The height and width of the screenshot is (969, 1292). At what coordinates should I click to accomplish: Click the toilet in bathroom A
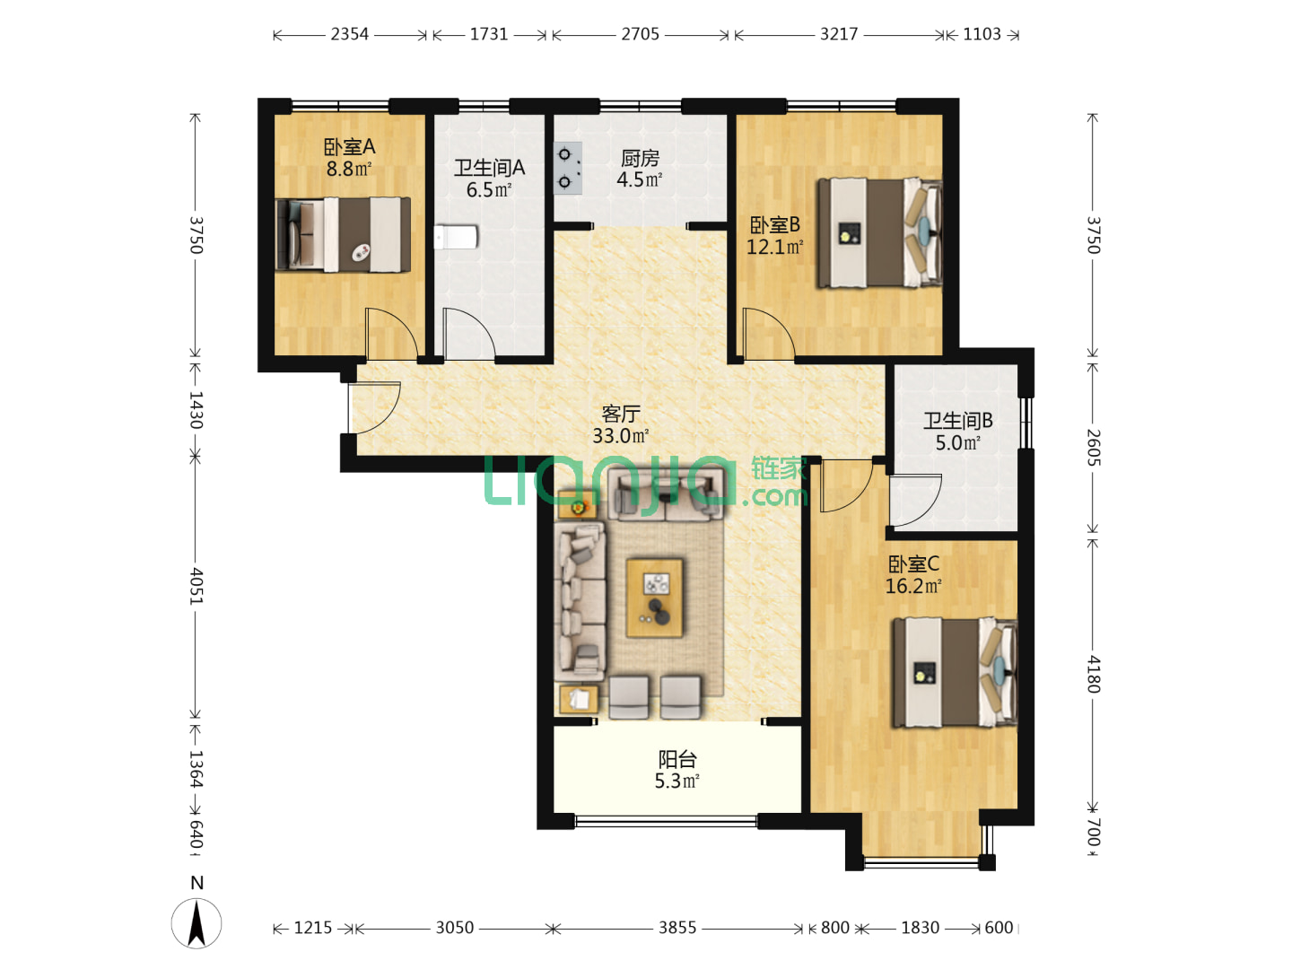[456, 237]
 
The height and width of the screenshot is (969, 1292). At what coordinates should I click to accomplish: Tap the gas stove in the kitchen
[567, 169]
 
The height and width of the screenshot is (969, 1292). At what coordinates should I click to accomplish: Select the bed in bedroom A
[343, 235]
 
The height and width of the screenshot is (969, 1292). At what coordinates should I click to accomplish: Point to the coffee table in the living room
[654, 598]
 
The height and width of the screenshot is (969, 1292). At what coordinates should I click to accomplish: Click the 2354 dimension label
[350, 35]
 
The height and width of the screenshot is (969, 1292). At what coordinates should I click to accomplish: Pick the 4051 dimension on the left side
[196, 586]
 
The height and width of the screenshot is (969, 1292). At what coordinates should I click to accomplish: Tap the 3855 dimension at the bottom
[677, 928]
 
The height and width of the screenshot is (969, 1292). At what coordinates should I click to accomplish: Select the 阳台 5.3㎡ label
[677, 770]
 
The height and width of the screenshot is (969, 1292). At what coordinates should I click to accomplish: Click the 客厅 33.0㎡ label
[620, 424]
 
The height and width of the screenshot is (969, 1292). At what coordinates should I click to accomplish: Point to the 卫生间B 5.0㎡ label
[957, 432]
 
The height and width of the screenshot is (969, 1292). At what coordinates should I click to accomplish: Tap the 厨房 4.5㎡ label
[640, 169]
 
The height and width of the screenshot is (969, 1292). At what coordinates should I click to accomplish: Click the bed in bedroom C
[955, 672]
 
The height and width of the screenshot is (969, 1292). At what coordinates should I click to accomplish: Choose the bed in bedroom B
[879, 233]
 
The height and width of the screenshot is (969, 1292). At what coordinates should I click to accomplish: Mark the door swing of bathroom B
[915, 500]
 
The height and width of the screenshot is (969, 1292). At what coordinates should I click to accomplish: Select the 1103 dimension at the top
[982, 35]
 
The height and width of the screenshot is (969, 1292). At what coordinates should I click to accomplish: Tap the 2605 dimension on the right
[1093, 448]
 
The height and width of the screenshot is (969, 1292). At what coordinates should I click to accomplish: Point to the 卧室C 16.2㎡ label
[913, 575]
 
